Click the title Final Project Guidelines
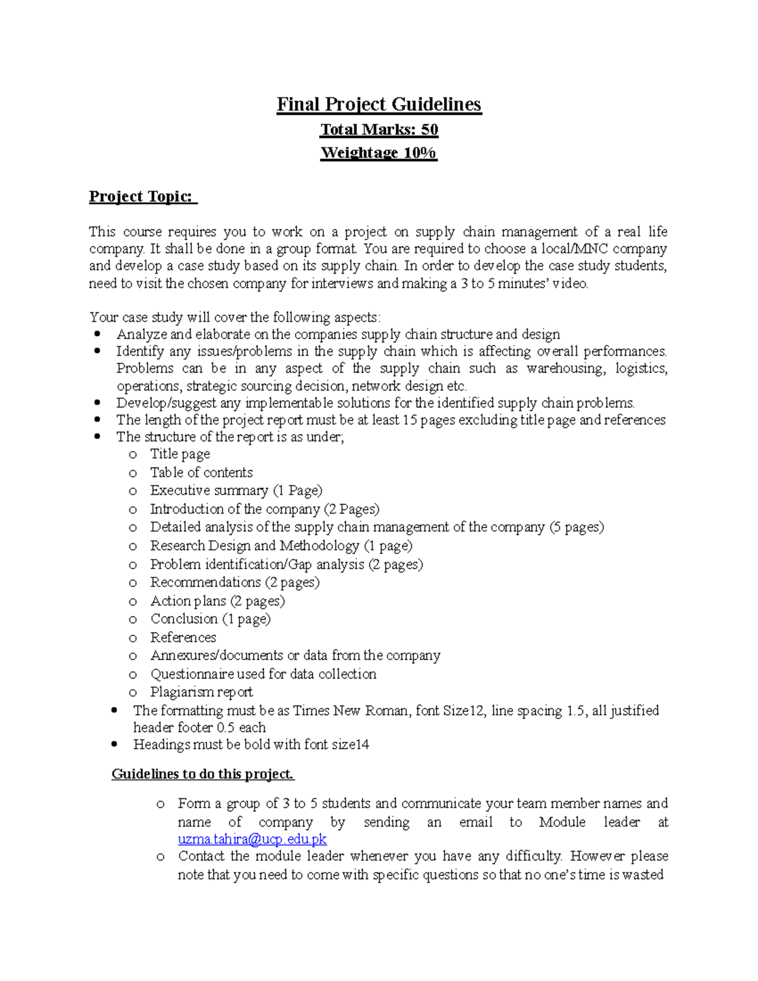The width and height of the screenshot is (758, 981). pyautogui.click(x=379, y=104)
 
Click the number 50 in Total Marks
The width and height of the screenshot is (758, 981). pyautogui.click(x=430, y=129)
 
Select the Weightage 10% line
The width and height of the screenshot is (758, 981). pyautogui.click(x=379, y=153)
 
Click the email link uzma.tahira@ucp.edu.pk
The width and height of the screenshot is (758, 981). pyautogui.click(x=252, y=839)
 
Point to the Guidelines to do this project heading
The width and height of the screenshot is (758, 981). pyautogui.click(x=203, y=774)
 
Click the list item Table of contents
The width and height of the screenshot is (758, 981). pyautogui.click(x=201, y=472)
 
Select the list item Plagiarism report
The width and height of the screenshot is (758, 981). pyautogui.click(x=201, y=692)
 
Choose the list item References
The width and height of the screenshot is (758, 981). pyautogui.click(x=183, y=637)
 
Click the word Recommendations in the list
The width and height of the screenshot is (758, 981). pyautogui.click(x=205, y=582)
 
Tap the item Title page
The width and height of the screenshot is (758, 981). pyautogui.click(x=180, y=454)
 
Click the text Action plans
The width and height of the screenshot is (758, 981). pyautogui.click(x=188, y=601)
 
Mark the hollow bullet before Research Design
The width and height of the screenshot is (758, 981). pyautogui.click(x=133, y=546)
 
